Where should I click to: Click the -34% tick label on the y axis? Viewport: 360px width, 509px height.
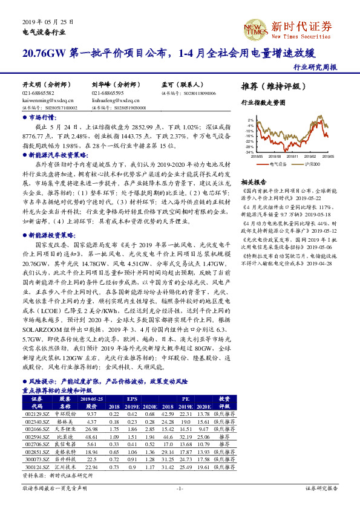249,152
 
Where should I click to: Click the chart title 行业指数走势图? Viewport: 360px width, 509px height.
263,103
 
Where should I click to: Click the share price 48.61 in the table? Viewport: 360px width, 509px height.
92,436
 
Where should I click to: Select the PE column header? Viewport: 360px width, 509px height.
187,399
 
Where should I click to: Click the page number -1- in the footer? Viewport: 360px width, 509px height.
180,488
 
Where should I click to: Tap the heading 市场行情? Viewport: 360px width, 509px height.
42,118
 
